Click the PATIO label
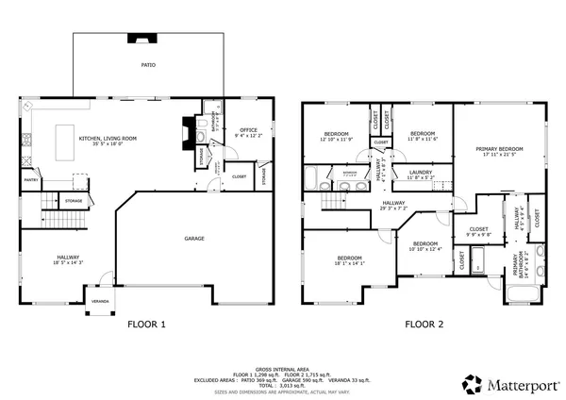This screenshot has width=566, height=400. tap(148, 65)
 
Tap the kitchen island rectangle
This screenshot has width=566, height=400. tap(67, 130)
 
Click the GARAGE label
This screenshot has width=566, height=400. tap(194, 238)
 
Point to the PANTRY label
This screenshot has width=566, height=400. tap(30, 179)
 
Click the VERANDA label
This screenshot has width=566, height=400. tap(99, 301)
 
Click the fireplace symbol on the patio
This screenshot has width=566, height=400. tap(142, 41)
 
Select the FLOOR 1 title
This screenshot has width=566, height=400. tap(146, 325)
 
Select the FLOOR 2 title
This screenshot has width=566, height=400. tap(424, 325)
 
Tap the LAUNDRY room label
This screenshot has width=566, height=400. tap(420, 173)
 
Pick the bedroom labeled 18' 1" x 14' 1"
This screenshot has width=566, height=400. tap(349, 260)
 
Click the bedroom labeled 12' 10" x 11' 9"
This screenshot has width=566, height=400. tap(337, 136)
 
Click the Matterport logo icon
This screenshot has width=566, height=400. tap(471, 384)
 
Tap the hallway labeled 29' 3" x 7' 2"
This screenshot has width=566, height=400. tap(393, 205)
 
